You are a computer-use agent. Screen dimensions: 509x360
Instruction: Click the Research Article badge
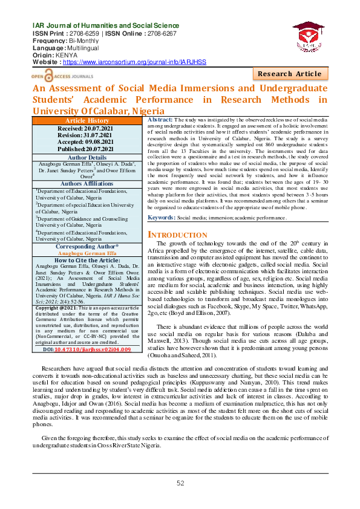[x=290, y=74]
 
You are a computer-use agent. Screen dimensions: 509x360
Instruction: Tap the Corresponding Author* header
[x=87, y=247]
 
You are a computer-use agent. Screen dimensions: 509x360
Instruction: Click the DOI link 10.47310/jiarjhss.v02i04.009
[x=100, y=349]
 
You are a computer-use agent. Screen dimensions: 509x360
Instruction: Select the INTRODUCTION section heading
[x=178, y=235]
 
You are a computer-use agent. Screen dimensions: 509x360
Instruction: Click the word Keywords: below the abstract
[x=162, y=216]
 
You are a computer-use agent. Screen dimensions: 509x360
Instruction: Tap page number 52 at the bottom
[x=180, y=482]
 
